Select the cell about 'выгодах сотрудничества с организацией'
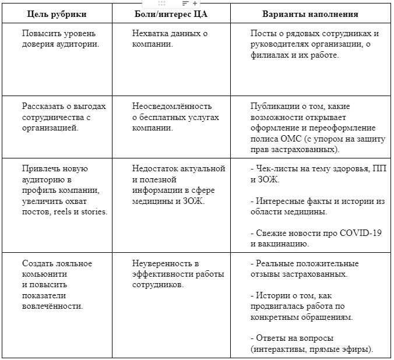coord(64,117)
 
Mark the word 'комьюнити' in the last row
coord(45,274)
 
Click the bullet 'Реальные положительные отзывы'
coord(302,269)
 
